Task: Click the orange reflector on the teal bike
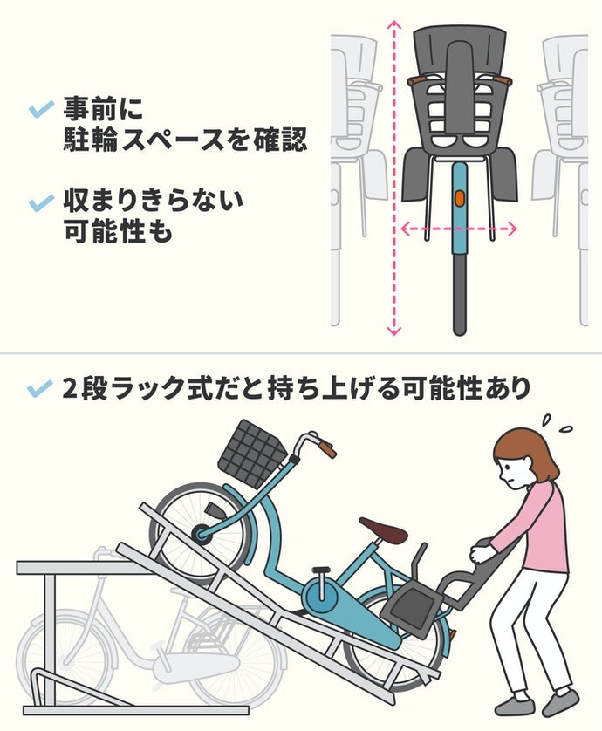459,198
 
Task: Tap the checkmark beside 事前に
42,110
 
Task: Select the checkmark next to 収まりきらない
42,203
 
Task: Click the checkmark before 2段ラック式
39,388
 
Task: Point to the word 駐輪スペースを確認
185,139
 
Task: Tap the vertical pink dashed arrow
394,178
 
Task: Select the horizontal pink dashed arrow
459,229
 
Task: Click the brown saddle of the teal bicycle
383,529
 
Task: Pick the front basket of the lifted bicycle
252,454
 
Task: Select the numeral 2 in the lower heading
70,389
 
